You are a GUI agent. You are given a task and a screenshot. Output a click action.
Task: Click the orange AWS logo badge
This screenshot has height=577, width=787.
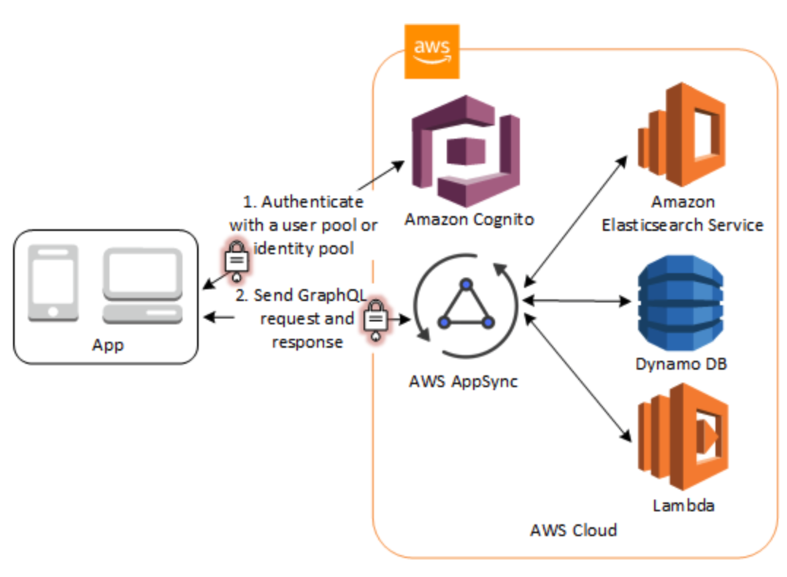[431, 50]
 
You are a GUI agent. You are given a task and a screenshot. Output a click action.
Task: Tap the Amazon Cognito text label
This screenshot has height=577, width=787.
[469, 219]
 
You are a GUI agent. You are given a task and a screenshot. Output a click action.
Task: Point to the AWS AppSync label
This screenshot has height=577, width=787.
[464, 381]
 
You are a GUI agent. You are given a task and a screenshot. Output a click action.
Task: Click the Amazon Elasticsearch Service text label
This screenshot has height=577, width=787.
[682, 213]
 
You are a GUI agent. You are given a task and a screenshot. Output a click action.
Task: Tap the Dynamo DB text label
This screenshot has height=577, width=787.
[680, 363]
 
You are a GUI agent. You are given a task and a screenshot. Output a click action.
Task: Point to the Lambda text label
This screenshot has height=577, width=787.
[683, 505]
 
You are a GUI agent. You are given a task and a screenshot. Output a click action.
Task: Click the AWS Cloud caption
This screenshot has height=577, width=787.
[573, 530]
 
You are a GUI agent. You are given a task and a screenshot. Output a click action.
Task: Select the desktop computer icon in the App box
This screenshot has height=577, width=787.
[142, 286]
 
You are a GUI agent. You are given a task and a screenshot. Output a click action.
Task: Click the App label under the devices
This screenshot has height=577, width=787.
[107, 344]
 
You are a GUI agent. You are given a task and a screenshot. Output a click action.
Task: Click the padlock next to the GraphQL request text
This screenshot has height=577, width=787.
[375, 319]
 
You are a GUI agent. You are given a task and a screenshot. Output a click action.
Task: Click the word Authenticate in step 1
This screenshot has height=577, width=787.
[312, 202]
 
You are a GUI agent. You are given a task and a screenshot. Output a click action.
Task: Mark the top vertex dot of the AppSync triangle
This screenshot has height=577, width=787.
[467, 283]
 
